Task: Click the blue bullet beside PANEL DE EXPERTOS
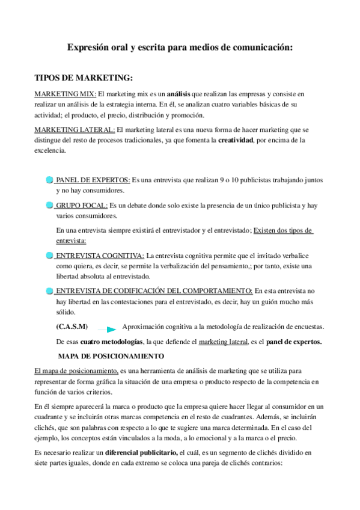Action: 49,180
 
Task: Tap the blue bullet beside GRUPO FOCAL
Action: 49,206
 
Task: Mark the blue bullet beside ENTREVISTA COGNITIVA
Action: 49,255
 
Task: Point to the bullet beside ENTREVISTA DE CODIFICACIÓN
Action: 49,291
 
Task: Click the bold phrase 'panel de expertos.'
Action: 294,342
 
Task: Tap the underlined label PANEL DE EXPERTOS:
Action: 93,180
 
